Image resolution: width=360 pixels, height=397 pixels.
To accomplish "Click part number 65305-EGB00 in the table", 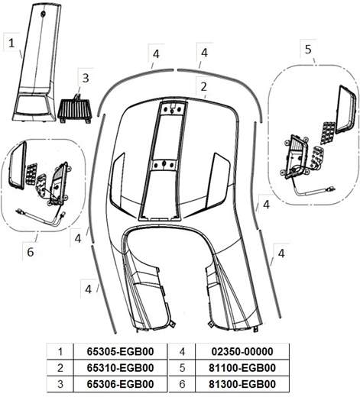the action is click(120, 351).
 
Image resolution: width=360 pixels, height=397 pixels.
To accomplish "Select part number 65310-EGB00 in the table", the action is click(120, 368).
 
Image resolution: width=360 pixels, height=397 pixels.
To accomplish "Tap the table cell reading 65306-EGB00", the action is click(120, 384).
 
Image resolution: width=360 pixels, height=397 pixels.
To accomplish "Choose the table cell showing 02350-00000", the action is click(242, 351).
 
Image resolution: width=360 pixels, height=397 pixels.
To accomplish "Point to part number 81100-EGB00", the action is click(242, 368).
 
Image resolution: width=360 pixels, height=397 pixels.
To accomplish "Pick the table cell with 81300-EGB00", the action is click(242, 384).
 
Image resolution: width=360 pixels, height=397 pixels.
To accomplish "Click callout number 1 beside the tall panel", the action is click(11, 43).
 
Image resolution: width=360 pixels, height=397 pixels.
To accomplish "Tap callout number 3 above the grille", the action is click(86, 78).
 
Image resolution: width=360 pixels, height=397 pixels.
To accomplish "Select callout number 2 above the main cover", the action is click(203, 87).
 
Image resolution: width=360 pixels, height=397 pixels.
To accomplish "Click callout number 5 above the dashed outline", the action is click(308, 49).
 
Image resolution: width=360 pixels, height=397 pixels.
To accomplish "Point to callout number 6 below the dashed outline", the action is click(31, 252).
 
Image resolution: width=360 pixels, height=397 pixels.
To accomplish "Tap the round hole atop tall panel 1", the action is click(43, 14).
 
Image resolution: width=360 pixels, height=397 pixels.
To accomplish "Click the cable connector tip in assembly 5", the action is click(332, 189).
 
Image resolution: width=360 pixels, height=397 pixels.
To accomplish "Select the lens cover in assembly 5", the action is click(345, 109).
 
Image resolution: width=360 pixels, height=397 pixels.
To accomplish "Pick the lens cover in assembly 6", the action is click(18, 166).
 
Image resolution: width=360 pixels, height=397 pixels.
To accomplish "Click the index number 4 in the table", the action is click(182, 352).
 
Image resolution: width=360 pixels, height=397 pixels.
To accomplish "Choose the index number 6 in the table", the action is click(182, 384).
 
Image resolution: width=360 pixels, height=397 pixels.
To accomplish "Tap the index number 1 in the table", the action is click(60, 352).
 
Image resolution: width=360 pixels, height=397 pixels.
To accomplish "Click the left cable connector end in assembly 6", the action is click(19, 211).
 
